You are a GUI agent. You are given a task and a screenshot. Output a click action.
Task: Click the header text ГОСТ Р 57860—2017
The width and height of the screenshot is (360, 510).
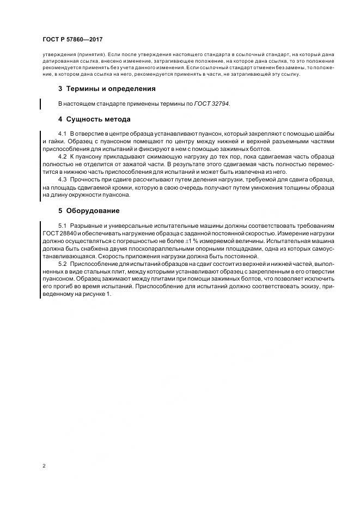(72, 40)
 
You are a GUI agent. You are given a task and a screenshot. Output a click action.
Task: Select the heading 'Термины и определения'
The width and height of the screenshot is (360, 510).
(111, 88)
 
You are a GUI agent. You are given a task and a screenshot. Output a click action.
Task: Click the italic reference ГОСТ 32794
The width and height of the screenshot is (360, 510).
(212, 103)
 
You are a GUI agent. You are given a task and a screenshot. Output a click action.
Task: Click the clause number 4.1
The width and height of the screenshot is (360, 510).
(62, 133)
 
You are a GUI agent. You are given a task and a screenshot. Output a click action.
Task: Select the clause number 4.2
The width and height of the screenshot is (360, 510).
(62, 156)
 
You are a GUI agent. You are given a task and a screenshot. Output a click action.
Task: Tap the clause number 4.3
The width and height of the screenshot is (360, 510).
(62, 179)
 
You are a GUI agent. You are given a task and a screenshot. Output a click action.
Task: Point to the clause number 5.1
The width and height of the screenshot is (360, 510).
(62, 226)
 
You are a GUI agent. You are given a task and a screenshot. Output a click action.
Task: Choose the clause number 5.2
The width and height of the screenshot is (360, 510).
(62, 264)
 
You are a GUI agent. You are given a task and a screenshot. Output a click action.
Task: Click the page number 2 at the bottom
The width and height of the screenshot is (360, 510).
(44, 466)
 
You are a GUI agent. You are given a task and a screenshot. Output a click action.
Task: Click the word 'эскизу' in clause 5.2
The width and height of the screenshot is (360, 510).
(307, 287)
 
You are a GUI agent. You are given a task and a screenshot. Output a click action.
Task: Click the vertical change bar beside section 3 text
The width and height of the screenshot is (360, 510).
(41, 104)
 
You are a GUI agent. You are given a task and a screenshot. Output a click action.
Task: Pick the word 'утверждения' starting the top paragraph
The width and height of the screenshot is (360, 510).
(58, 54)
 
